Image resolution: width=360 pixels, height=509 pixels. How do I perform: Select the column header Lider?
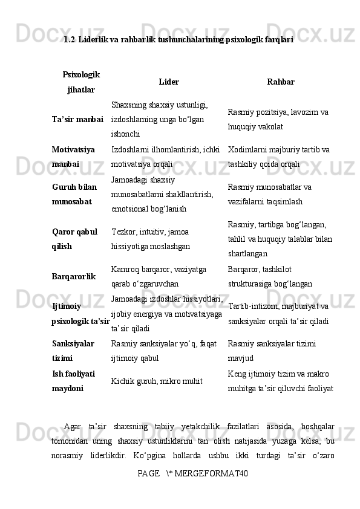point(168,82)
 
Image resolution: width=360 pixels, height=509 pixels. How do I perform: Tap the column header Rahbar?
point(281,82)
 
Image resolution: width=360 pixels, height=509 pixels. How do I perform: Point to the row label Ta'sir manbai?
point(77,119)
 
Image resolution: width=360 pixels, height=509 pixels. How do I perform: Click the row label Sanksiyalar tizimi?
point(73,350)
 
